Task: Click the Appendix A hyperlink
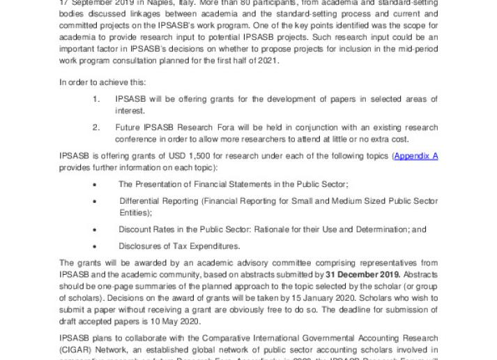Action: [415, 156]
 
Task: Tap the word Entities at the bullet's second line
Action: [135, 212]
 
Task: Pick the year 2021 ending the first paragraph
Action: [268, 61]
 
